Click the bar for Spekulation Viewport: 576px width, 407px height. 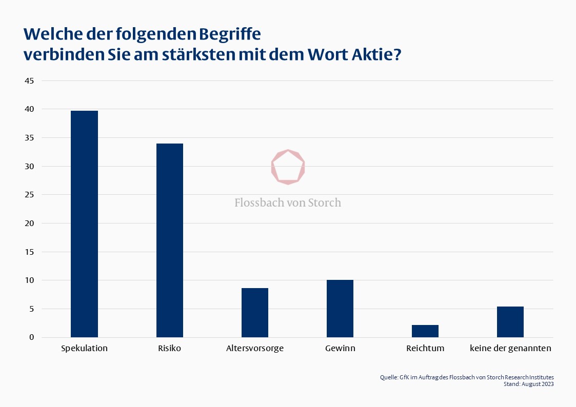click(84, 224)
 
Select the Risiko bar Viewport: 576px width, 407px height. click(169, 240)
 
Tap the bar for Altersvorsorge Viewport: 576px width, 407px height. click(255, 313)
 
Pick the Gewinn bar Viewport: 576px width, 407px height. click(340, 309)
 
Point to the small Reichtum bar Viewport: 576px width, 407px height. click(425, 331)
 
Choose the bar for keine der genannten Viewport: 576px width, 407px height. click(510, 322)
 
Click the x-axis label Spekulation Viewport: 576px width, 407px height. click(84, 349)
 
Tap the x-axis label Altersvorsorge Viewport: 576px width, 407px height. click(255, 349)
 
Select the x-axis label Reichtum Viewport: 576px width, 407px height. click(425, 349)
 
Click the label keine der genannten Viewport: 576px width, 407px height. click(510, 349)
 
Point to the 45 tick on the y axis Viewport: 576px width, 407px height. click(29, 81)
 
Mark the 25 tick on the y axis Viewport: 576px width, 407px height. click(29, 195)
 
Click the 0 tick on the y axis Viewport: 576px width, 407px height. click(31, 337)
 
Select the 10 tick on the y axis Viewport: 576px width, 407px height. click(29, 280)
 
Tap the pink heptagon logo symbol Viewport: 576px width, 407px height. click(288, 167)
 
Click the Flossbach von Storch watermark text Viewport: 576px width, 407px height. click(288, 202)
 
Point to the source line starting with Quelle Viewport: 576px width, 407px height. click(467, 377)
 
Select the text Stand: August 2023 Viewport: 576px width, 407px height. click(529, 384)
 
